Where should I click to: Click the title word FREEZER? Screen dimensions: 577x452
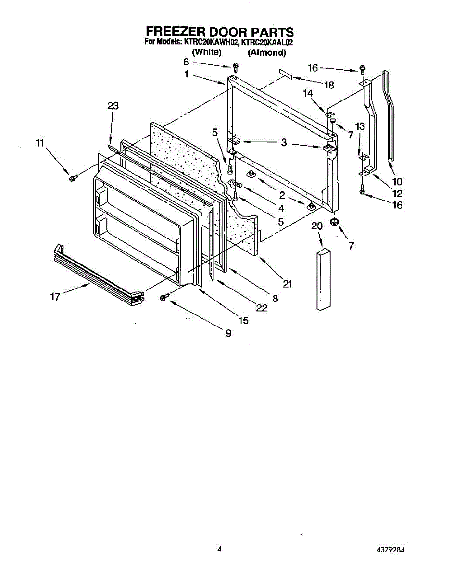[173, 32]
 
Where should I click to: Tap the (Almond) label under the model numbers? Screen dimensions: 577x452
[266, 53]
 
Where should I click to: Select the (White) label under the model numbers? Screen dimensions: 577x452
[206, 52]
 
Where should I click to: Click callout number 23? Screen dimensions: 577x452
[113, 106]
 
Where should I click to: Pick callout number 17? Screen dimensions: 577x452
[56, 297]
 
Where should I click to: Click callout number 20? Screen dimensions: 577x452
[317, 226]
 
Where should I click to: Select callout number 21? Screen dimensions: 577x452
[288, 284]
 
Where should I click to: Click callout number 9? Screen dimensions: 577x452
[228, 333]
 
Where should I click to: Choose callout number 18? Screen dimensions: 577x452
[328, 85]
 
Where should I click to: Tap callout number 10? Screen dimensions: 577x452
[397, 182]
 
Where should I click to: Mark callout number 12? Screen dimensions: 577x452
[397, 194]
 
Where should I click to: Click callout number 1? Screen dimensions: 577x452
[186, 75]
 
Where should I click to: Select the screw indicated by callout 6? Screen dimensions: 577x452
[235, 66]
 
